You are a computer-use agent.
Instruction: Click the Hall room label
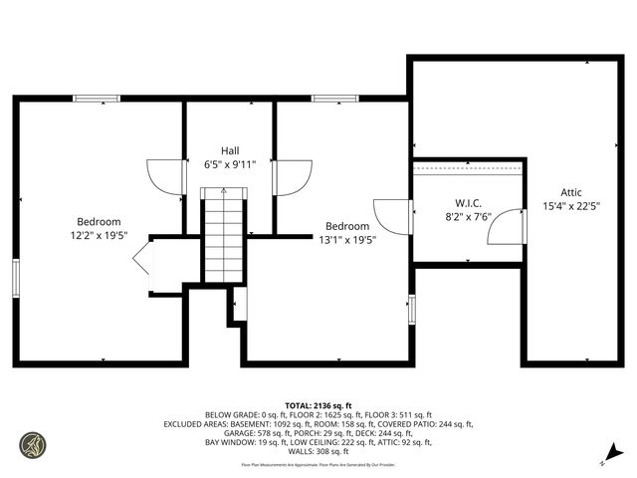coord(230,149)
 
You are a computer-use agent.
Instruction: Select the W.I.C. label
coord(468,202)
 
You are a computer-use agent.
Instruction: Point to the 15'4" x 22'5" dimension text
coord(570,206)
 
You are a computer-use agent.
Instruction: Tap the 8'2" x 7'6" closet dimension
coord(468,216)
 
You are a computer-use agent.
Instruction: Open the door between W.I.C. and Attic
coord(509,226)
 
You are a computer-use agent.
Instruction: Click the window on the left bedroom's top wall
coord(97,98)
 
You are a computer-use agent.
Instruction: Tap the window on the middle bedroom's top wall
coord(328,98)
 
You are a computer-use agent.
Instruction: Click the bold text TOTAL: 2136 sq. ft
coord(318,405)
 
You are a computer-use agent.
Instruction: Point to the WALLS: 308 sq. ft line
coord(318,451)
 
